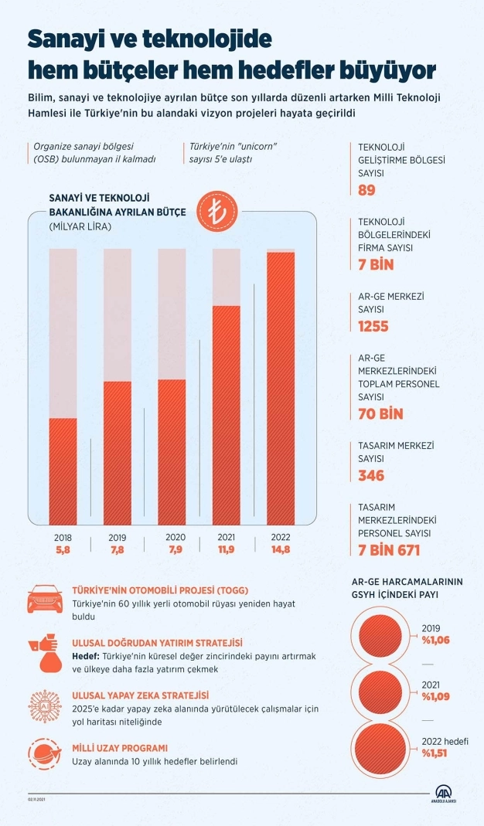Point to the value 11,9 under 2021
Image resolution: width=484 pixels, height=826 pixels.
[x=226, y=549]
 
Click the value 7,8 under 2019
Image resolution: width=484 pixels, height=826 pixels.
[x=117, y=549]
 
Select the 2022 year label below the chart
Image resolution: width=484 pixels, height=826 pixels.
[x=280, y=537]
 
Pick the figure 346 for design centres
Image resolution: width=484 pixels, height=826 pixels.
[x=371, y=475]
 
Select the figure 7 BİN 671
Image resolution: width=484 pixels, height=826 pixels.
[x=389, y=550]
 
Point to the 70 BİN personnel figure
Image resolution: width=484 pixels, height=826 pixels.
[x=381, y=413]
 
